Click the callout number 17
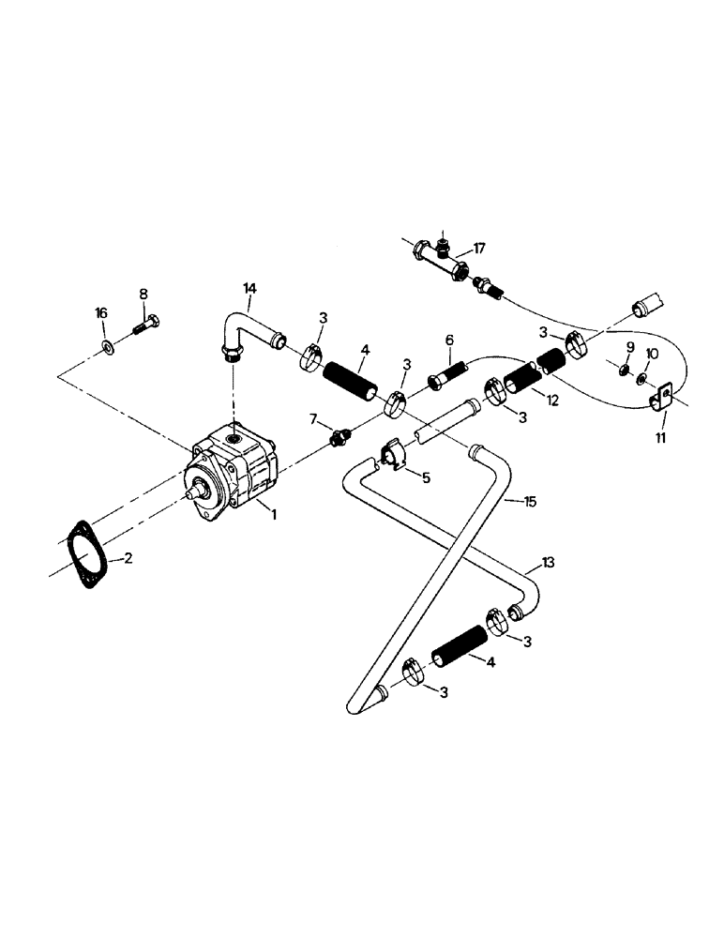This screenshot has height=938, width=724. pyautogui.click(x=479, y=249)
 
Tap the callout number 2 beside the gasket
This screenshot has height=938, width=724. pyautogui.click(x=128, y=558)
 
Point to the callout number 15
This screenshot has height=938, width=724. pyautogui.click(x=530, y=502)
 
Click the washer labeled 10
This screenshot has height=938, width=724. pyautogui.click(x=643, y=380)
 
